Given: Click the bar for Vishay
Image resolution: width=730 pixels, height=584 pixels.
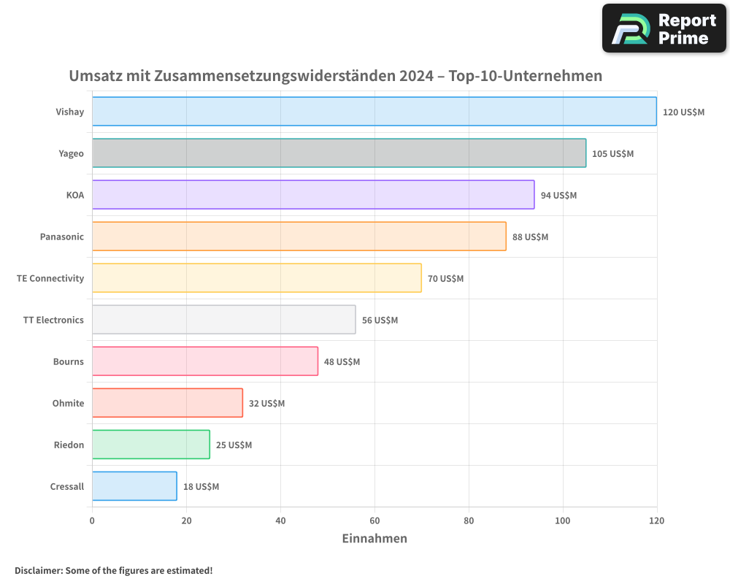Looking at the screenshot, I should tap(374, 112).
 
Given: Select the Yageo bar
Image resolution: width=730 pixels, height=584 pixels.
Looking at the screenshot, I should tap(339, 153).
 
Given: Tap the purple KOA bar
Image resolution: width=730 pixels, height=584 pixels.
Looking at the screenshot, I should tap(313, 195).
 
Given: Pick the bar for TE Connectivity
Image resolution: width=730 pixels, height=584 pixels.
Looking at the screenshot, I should tap(256, 278).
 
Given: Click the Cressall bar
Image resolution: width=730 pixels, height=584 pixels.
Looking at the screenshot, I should tap(134, 486).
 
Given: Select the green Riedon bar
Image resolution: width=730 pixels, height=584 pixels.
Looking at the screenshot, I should tap(150, 445).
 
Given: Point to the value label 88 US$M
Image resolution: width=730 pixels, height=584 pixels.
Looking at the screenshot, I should tap(530, 237).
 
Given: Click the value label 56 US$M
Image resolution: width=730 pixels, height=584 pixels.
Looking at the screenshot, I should tap(380, 320).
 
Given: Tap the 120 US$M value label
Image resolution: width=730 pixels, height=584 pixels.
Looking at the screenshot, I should tap(683, 112).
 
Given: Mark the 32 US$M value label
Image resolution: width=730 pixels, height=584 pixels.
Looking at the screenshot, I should tap(266, 404).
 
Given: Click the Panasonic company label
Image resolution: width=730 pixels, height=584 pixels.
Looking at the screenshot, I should tap(62, 237).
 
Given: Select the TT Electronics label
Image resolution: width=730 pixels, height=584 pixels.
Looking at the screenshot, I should tap(53, 320).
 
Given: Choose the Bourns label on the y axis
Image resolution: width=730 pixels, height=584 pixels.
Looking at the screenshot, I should tap(68, 362).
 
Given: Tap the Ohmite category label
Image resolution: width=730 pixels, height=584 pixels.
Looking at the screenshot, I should tap(68, 404).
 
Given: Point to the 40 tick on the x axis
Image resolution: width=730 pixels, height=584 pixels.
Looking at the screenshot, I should tap(280, 521).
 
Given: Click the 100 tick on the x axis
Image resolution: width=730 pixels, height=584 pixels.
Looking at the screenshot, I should tap(563, 521).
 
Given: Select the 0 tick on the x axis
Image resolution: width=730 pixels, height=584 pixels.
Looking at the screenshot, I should tap(92, 521).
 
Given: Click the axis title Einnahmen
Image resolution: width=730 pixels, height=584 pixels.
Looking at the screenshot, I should tap(374, 539).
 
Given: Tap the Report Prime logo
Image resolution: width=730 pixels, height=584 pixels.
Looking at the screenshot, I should tap(664, 28).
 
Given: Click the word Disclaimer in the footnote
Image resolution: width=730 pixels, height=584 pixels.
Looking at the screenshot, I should tap(38, 570).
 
